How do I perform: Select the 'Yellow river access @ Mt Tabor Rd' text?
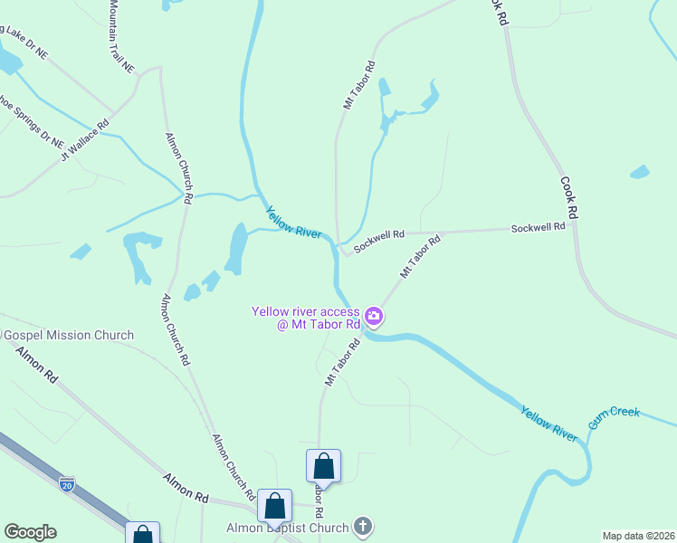click(x=306, y=318)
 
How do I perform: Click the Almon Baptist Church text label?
click(x=288, y=528)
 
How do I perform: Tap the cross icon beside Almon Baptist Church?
click(x=362, y=526)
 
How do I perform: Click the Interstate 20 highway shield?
click(x=66, y=483)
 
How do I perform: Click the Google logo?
click(x=30, y=532)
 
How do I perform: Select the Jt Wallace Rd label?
click(x=84, y=142)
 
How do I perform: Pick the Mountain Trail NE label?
click(x=120, y=36)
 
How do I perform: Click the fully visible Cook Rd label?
click(x=568, y=199)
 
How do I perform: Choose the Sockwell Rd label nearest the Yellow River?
click(x=378, y=242)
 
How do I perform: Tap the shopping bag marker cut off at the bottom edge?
click(x=143, y=533)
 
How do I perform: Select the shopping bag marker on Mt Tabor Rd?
click(x=323, y=466)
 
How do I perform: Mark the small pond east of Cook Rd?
click(x=639, y=171)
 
